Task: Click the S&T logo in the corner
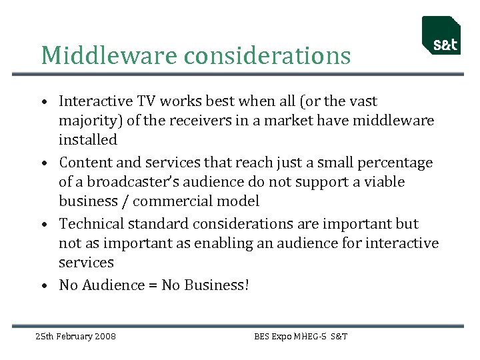tap(441, 36)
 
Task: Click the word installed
tap(87, 140)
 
